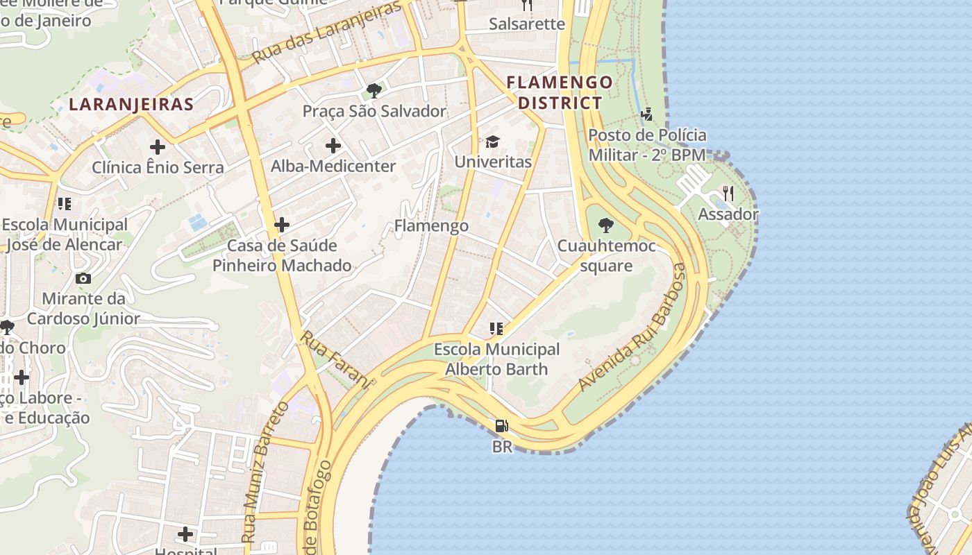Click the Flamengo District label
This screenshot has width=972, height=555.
tap(560, 93)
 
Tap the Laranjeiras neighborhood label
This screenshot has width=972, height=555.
tap(131, 105)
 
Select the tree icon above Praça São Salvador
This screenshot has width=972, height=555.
tap(374, 90)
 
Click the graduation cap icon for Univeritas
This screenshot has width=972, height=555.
tap(493, 142)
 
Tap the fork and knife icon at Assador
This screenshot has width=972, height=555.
tap(728, 194)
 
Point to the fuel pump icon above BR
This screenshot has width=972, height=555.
tap(501, 426)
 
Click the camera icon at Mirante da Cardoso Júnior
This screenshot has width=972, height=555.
tap(83, 278)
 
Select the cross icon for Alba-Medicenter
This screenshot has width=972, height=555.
tap(333, 146)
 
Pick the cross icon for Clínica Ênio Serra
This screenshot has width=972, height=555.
tap(158, 147)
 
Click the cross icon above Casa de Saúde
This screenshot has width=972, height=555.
tap(282, 225)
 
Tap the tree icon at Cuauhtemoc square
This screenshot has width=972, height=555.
tap(606, 225)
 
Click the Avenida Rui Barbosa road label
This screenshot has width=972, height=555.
tap(632, 326)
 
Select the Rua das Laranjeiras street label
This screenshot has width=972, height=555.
tap(327, 33)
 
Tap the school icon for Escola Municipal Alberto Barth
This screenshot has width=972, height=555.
tap(496, 328)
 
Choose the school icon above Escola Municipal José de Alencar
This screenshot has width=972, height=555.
tap(65, 204)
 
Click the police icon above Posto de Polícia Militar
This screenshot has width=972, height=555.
tap(647, 114)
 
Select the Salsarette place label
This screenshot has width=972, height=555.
tap(527, 24)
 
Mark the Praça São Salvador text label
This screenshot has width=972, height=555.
tap(374, 111)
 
